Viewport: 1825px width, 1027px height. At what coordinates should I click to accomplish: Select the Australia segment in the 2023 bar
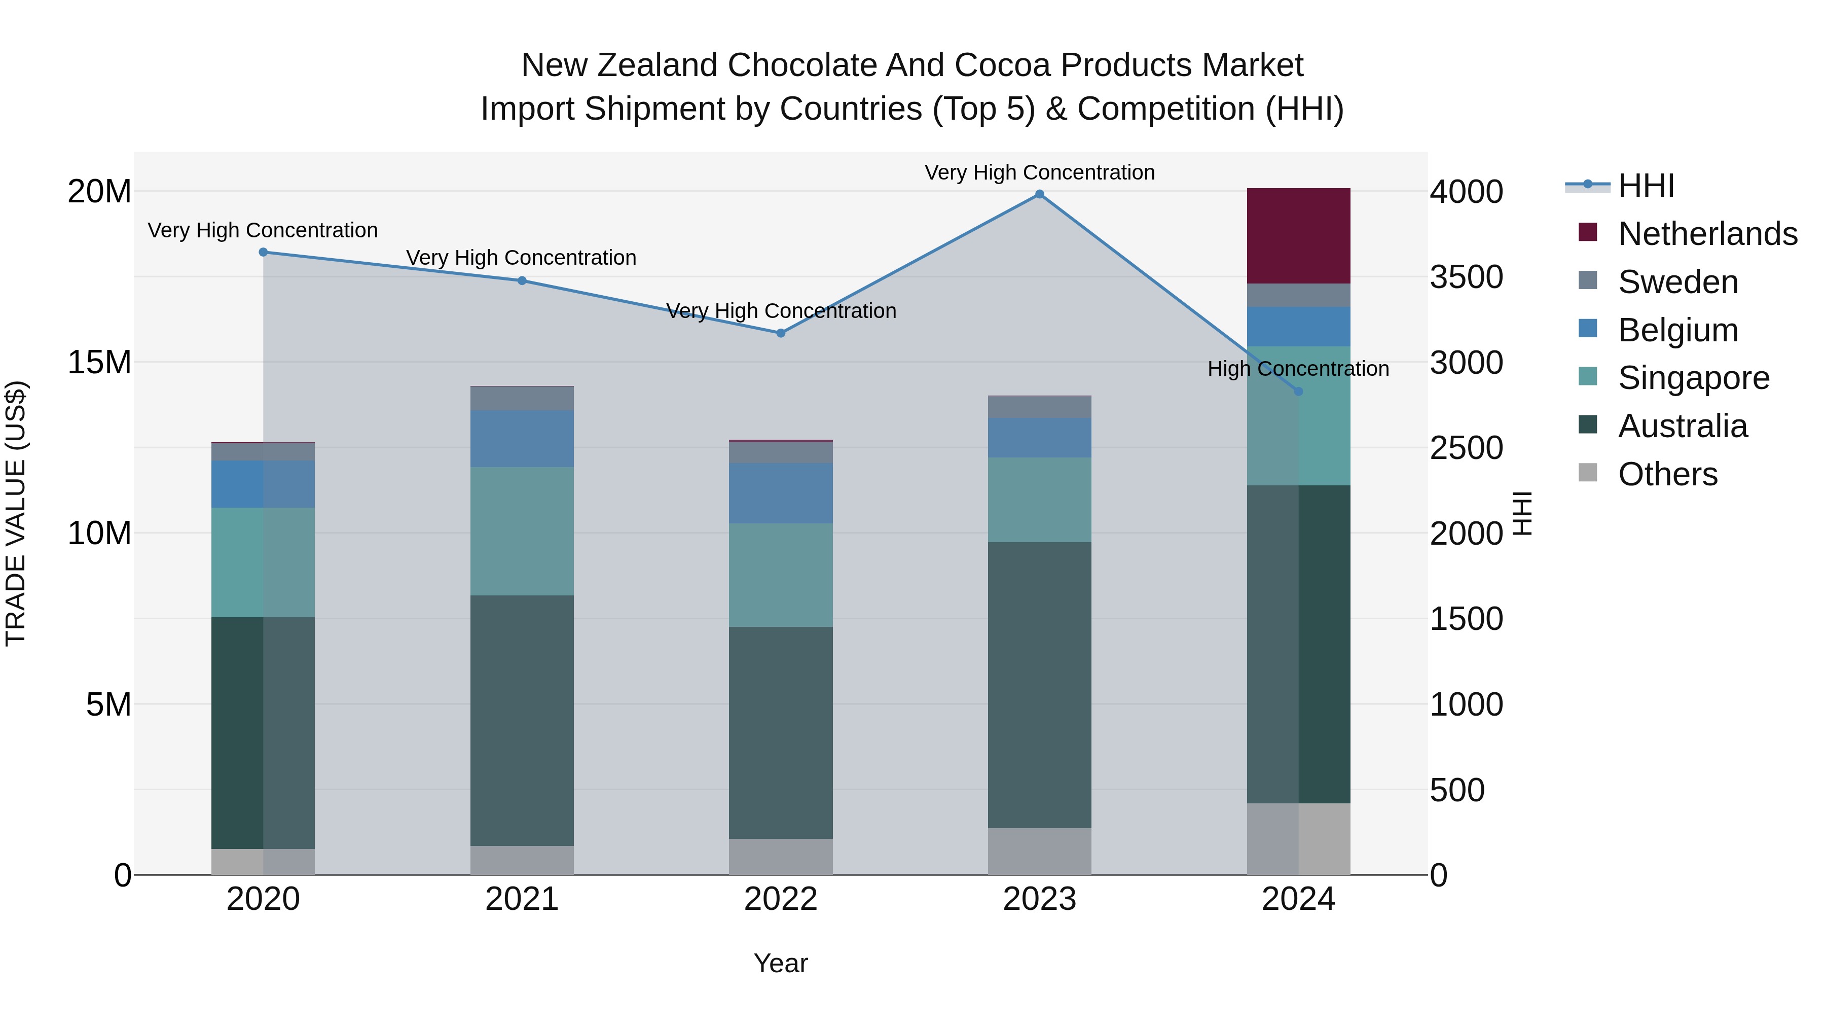click(1039, 685)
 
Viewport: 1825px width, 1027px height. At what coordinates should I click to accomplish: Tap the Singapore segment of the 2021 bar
click(522, 531)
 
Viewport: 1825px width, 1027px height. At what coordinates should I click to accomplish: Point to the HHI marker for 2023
click(1039, 194)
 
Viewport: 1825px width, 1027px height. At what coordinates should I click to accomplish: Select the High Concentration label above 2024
click(1298, 369)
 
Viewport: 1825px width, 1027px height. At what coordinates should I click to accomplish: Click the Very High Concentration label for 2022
click(781, 311)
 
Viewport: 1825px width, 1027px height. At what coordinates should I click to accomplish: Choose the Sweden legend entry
click(1677, 282)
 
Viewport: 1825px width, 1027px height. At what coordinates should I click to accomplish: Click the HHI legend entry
click(1646, 186)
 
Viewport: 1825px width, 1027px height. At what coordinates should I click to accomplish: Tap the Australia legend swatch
click(1588, 426)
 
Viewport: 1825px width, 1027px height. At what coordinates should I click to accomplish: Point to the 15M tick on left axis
click(99, 362)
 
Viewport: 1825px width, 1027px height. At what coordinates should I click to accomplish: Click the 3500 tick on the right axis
click(1466, 277)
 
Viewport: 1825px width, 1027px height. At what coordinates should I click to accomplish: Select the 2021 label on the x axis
click(522, 899)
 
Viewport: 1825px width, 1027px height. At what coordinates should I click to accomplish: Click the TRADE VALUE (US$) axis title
click(16, 513)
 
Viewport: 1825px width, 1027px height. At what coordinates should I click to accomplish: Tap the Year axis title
click(781, 963)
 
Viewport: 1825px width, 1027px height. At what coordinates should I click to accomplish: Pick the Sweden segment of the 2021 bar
click(522, 398)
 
